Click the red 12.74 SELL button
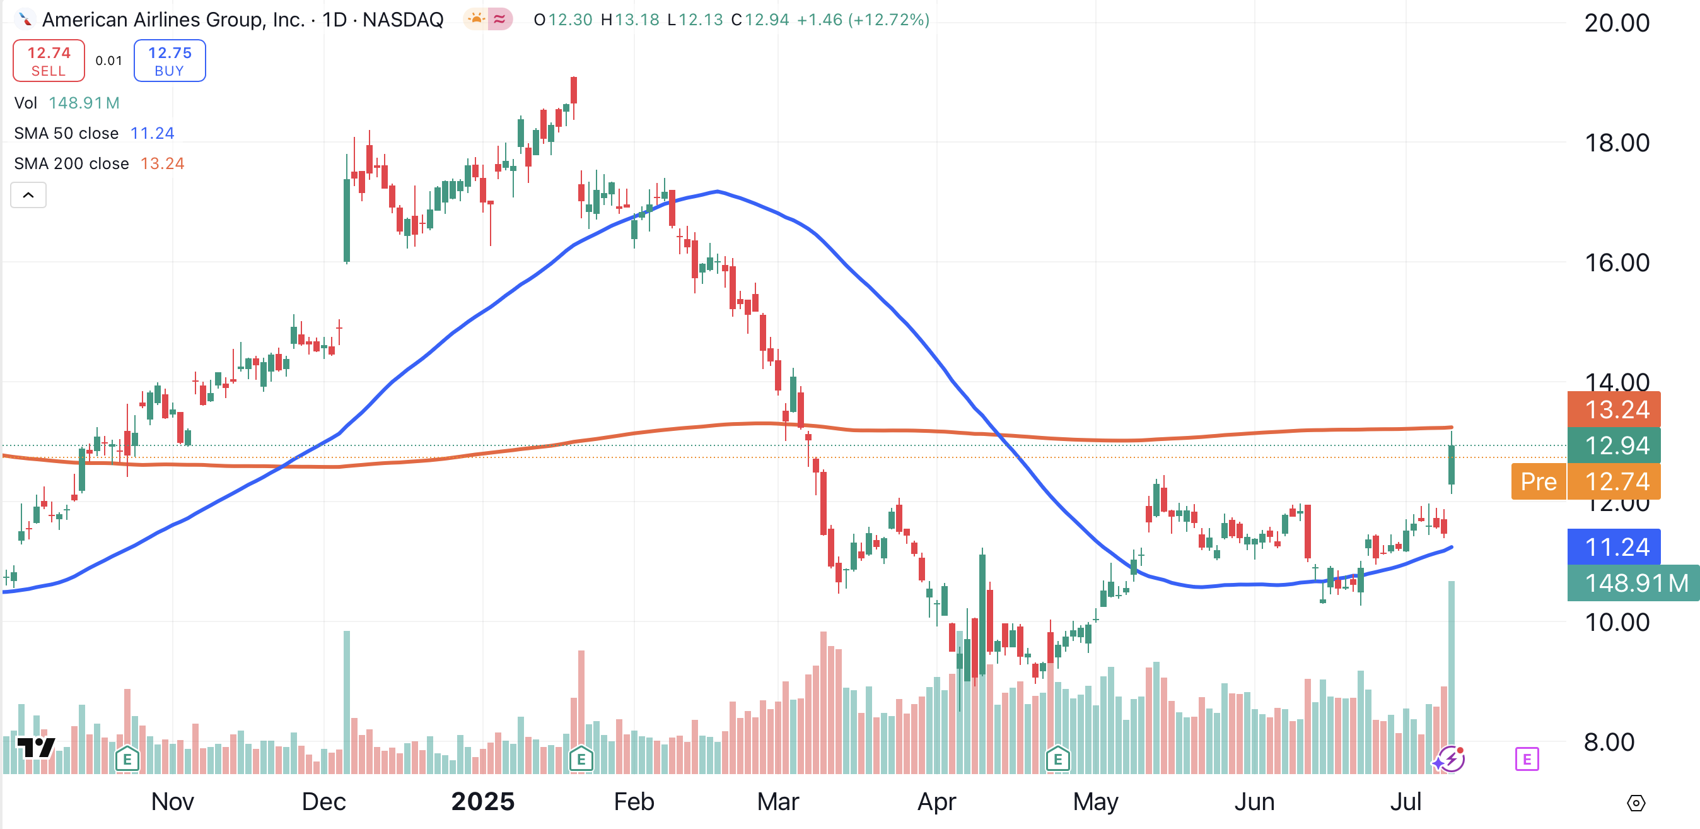[48, 61]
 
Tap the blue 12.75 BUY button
[170, 61]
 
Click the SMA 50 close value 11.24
[152, 133]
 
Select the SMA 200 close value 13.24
[161, 163]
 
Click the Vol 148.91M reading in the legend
[84, 103]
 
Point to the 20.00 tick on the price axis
[1616, 24]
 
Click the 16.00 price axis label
[1616, 263]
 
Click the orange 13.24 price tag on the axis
[1616, 410]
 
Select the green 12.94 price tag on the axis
[1616, 445]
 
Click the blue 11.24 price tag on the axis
[1616, 547]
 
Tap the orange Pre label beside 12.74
[1539, 482]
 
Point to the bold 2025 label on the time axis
[482, 802]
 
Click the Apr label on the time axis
[936, 802]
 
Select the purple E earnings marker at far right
[1527, 759]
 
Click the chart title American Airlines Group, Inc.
[173, 20]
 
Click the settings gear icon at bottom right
[1636, 803]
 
